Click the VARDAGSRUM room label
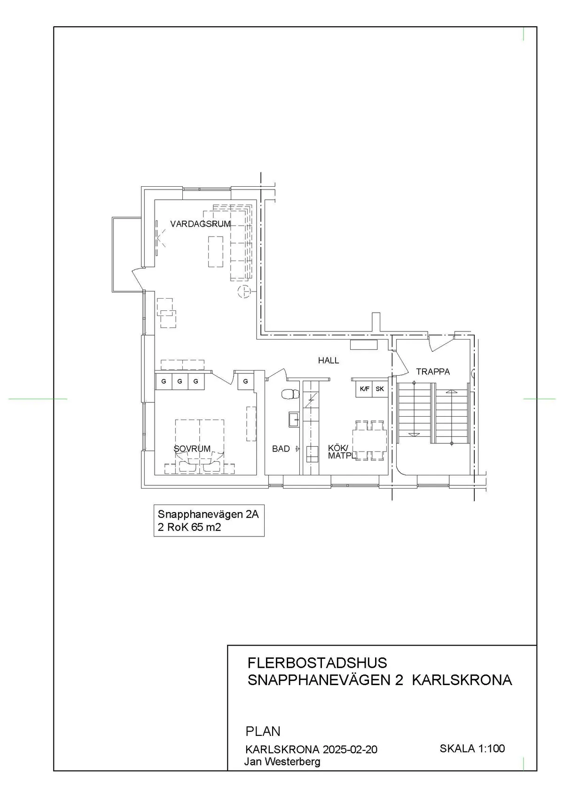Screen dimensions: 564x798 pyautogui.click(x=201, y=224)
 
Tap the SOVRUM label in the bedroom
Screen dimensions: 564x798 pyautogui.click(x=192, y=449)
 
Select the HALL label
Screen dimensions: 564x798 pyautogui.click(x=328, y=361)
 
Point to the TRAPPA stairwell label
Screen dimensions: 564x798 pyautogui.click(x=433, y=371)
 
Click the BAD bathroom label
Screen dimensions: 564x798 pyautogui.click(x=281, y=449)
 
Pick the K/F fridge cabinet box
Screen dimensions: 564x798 pyautogui.click(x=364, y=389)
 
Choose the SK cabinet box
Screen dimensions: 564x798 pyautogui.click(x=380, y=389)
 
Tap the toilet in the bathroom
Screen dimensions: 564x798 pyautogui.click(x=290, y=394)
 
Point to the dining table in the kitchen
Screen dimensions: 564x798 pyautogui.click(x=369, y=441)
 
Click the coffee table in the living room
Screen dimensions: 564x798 pyautogui.click(x=216, y=251)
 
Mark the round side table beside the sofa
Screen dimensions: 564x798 pyautogui.click(x=244, y=292)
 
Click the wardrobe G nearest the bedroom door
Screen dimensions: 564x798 pyautogui.click(x=245, y=381)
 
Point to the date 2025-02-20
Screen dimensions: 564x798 pyautogui.click(x=350, y=750)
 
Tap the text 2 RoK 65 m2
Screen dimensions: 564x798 pyautogui.click(x=189, y=527)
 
